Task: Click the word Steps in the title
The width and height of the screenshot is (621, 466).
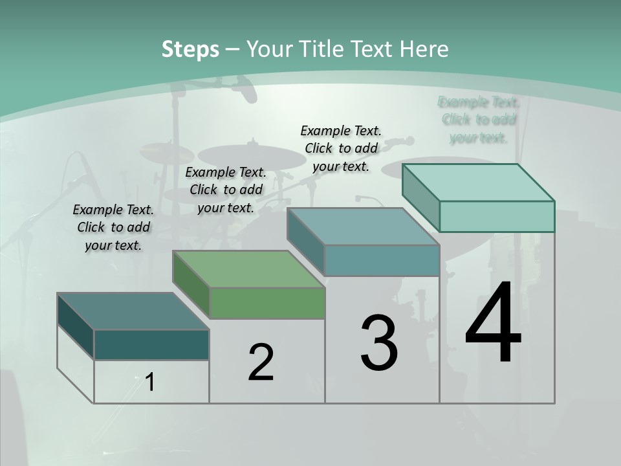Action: (190, 49)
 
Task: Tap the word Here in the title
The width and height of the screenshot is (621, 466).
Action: (424, 49)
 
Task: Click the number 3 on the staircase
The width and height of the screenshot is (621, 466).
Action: (379, 343)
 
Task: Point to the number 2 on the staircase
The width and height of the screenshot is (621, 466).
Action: (261, 362)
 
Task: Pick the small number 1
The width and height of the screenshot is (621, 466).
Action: (150, 382)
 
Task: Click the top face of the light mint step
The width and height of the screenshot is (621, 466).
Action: (479, 183)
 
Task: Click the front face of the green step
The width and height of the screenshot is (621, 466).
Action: (267, 303)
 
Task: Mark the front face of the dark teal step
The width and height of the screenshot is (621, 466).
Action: (151, 344)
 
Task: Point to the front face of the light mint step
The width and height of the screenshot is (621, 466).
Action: (497, 216)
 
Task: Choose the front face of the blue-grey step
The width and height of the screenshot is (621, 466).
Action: (382, 260)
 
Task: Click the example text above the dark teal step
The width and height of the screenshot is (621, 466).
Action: (113, 227)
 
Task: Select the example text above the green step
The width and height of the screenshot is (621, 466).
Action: (226, 190)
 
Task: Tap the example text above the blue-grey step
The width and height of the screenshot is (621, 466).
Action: (341, 148)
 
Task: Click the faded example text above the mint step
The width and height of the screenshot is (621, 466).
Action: (479, 120)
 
